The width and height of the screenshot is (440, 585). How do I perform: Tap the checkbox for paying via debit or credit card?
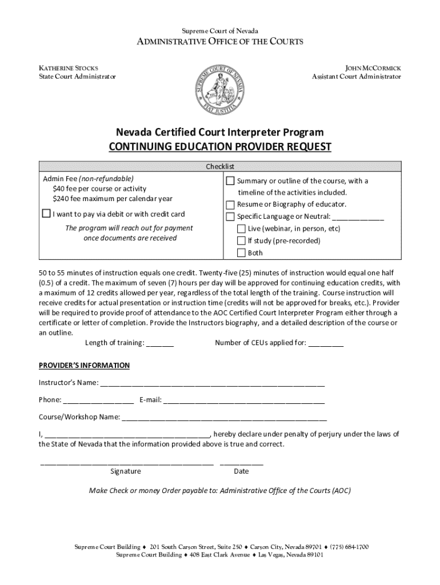[x=46, y=214]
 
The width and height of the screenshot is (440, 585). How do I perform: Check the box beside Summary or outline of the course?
[x=230, y=181]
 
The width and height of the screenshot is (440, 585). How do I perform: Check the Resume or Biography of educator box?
[x=230, y=205]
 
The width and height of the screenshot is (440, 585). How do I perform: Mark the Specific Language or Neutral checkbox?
[x=230, y=217]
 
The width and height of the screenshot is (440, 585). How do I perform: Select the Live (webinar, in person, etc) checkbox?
[x=241, y=229]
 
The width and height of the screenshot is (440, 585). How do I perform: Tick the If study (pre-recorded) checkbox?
[x=241, y=241]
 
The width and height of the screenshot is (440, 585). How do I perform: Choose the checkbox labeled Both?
[x=241, y=253]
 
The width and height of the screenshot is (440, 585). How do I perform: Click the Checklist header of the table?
[x=220, y=166]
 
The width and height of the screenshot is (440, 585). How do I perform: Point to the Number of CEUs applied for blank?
[x=326, y=343]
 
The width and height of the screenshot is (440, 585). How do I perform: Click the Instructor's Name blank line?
[x=212, y=382]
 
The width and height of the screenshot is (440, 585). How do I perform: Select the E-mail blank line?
[x=244, y=400]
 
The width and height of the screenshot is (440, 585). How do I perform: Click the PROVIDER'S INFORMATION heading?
[x=84, y=366]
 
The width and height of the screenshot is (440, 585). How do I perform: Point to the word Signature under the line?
[x=125, y=471]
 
